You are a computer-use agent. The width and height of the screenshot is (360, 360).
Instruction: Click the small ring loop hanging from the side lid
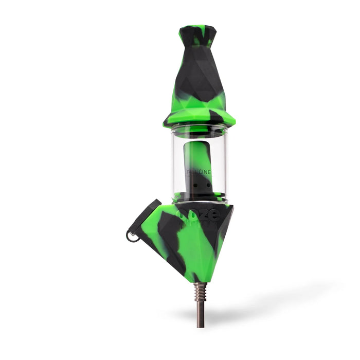[x=132, y=236]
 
